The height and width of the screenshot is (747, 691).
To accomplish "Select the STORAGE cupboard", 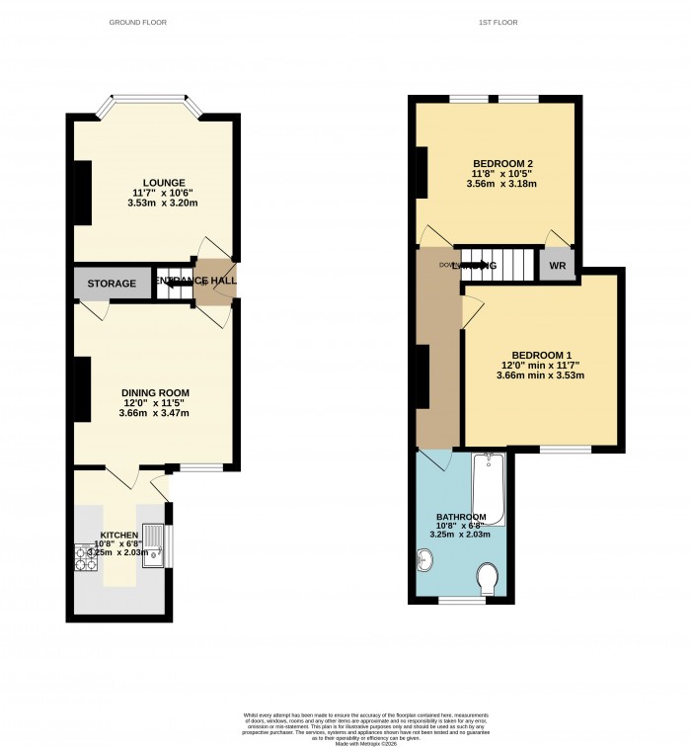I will (x=112, y=284).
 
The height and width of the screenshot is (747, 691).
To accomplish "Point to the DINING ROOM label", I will (x=156, y=392).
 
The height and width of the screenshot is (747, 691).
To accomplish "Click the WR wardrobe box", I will (x=557, y=266).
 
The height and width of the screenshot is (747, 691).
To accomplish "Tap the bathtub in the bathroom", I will (x=490, y=489).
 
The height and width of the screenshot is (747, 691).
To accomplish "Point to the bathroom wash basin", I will (x=424, y=560).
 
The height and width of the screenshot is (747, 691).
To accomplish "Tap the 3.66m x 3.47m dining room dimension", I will (x=156, y=413).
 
